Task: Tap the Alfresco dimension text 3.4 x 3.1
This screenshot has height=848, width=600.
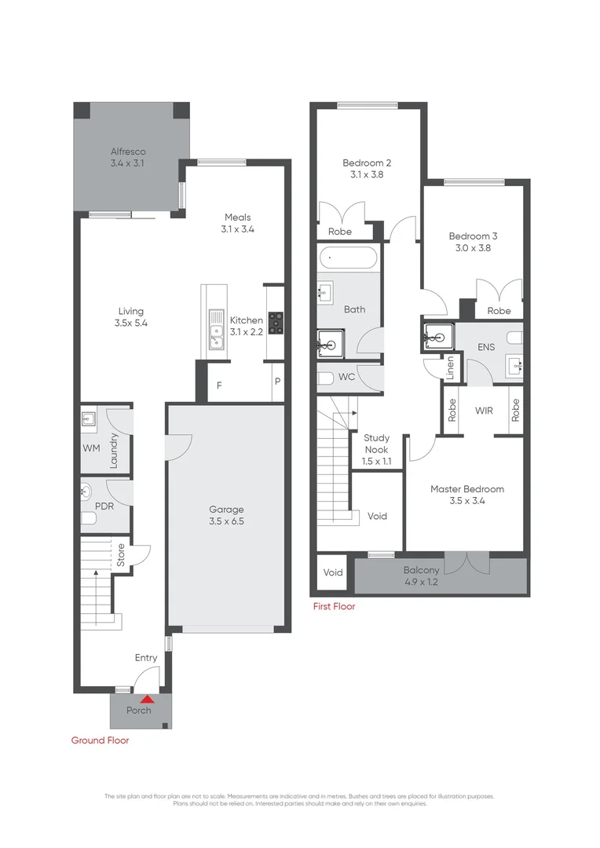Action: pos(128,163)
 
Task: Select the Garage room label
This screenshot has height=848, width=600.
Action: pos(226,509)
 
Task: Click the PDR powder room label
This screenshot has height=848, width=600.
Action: pos(104,506)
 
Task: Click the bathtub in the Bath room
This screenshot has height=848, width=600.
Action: pos(348,258)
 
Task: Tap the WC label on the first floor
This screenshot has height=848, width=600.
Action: pos(346,377)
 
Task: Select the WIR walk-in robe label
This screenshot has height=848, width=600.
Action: pos(484,410)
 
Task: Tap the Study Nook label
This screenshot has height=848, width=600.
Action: pos(376,444)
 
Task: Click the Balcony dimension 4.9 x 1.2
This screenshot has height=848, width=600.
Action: pos(421,583)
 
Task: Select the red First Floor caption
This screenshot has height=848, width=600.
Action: pos(334,606)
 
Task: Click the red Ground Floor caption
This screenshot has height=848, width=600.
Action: pos(100,740)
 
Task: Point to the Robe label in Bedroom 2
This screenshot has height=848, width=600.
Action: pos(340,232)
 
